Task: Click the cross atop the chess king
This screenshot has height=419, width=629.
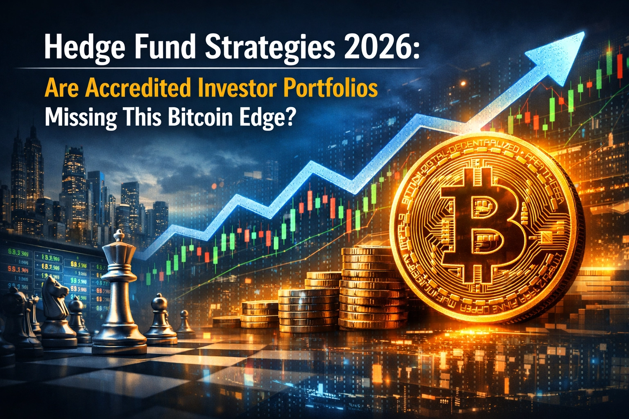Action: [x=119, y=234]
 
